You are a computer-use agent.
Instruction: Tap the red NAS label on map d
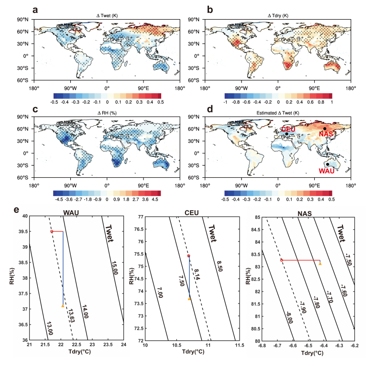coord(326,134)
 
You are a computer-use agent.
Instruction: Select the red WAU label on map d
coord(327,171)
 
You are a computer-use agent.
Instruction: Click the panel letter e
coord(17,210)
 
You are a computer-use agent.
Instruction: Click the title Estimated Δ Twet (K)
coord(278,113)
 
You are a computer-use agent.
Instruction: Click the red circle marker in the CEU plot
coord(188,256)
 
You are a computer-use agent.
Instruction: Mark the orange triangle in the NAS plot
coord(320,263)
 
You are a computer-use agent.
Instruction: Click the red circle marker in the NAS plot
coord(282,260)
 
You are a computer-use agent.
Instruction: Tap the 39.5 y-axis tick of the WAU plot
coord(22,231)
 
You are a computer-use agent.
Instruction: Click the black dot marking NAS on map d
coord(325,128)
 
